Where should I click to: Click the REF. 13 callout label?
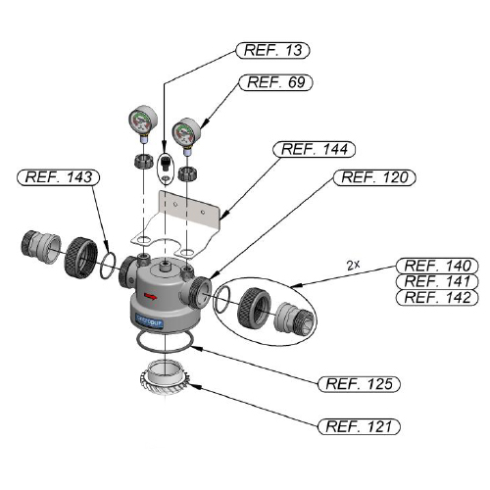tap(272, 50)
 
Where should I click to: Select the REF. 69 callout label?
tap(275, 82)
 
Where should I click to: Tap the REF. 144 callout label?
tap(314, 149)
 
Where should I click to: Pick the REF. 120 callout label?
tap(374, 177)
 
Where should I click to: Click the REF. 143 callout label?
tap(58, 177)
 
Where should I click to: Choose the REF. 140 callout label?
tap(437, 266)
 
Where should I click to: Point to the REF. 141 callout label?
tap(437, 281)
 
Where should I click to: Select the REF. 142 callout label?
tap(437, 297)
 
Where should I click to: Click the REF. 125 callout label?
tap(359, 384)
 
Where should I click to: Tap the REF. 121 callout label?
tap(359, 426)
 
